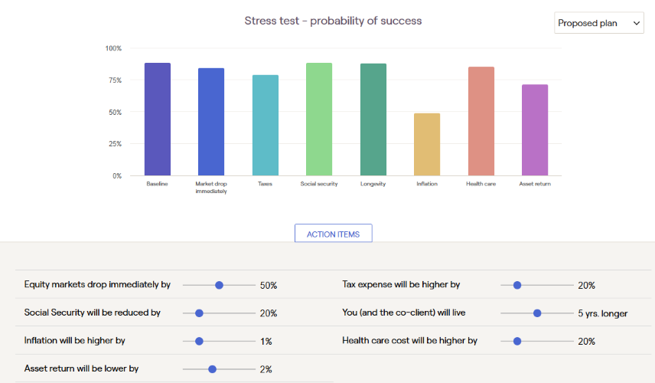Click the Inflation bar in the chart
(427, 144)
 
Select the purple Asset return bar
(535, 130)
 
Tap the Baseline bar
(158, 119)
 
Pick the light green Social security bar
(319, 119)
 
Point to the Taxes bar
(266, 125)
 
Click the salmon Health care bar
(481, 121)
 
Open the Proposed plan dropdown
(599, 23)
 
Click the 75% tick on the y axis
(116, 80)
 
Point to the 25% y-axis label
(116, 144)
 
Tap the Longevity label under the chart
(373, 184)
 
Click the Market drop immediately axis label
(211, 188)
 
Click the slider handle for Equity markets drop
(219, 285)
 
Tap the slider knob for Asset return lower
(212, 369)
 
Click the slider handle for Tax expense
(517, 285)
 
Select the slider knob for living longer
(537, 313)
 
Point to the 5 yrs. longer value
(603, 313)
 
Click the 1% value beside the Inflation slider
(266, 342)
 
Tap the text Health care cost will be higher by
(410, 341)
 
